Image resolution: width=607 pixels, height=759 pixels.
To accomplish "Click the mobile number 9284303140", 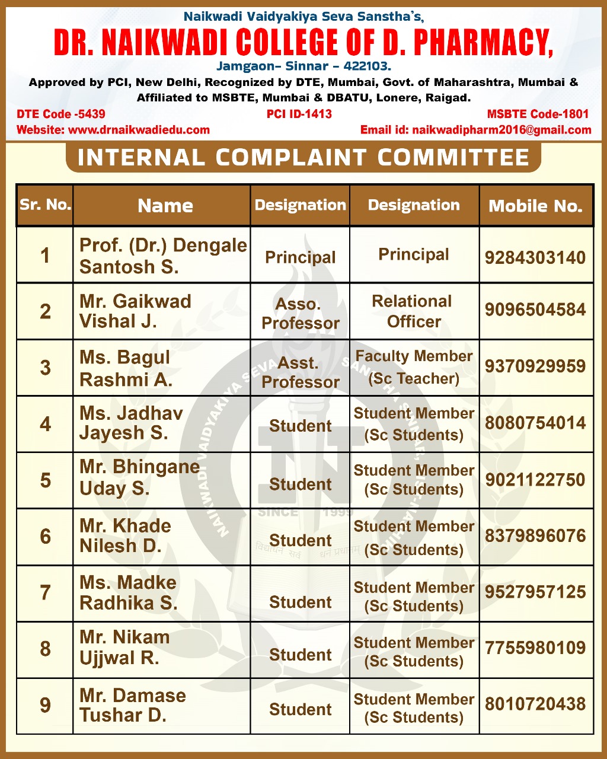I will (x=535, y=257).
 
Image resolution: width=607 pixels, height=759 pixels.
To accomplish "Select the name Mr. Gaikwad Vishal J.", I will (x=135, y=311).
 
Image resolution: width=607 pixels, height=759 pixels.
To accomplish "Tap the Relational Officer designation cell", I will (x=414, y=311).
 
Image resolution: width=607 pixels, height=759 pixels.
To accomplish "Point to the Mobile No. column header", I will (x=535, y=206).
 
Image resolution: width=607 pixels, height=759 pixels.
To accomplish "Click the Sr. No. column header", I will (x=45, y=205).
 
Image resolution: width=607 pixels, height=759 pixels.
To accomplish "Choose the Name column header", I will (x=165, y=206).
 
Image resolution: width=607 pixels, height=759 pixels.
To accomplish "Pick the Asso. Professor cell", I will (x=301, y=314).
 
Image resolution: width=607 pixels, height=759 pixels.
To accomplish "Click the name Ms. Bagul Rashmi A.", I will (x=126, y=368).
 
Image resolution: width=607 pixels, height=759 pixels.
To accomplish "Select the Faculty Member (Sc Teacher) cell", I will (x=414, y=367).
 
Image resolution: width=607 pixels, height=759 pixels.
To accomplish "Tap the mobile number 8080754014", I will (x=535, y=423).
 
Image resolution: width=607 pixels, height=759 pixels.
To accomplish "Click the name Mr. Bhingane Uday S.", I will (x=139, y=477).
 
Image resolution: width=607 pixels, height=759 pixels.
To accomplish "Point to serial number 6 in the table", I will (x=45, y=537).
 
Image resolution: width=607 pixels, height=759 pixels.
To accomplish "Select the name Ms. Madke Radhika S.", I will (x=129, y=592).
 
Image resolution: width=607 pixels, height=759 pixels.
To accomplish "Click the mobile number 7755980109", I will (x=535, y=648).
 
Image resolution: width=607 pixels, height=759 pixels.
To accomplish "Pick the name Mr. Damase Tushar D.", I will (x=133, y=705).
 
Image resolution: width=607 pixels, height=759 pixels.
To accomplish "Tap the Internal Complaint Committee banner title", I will (x=303, y=158).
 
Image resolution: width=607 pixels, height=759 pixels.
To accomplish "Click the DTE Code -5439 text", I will (x=61, y=114).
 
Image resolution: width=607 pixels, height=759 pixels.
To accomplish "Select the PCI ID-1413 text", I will (x=299, y=114).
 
